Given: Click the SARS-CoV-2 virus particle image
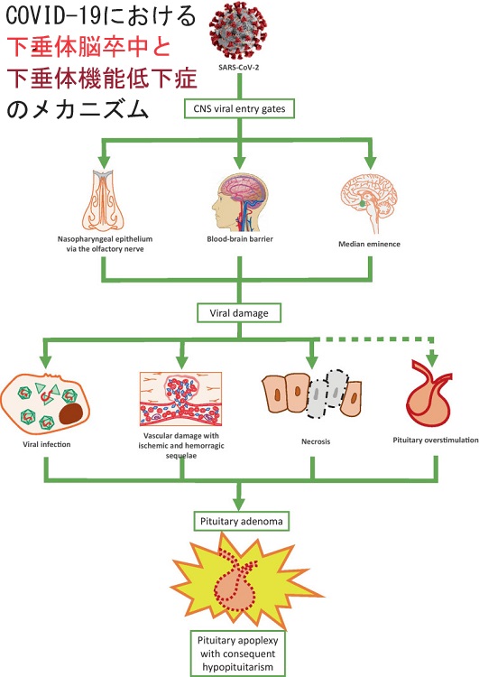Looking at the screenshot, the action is (x=238, y=30).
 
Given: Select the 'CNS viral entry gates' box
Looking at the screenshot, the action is (x=239, y=109).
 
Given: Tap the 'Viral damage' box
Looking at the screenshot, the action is (x=239, y=313).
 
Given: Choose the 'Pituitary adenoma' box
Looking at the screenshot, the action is (x=241, y=521).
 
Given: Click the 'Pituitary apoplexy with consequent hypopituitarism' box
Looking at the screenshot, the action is (x=238, y=654).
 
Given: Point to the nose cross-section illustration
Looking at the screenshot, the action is (x=103, y=200).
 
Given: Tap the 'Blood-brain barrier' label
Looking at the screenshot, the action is (x=240, y=239).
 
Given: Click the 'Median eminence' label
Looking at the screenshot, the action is (x=369, y=244).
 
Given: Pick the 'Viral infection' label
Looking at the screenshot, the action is (x=47, y=444).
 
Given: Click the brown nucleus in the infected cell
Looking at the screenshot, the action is (x=71, y=413).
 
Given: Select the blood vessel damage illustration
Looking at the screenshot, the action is (x=180, y=399).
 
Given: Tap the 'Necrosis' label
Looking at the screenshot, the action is (x=316, y=441).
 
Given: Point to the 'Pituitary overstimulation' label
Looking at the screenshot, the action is (x=436, y=440).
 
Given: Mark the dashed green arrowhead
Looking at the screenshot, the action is (x=432, y=359).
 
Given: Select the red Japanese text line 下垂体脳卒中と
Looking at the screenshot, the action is (x=89, y=47).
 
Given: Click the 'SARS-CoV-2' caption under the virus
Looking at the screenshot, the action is (x=239, y=68).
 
